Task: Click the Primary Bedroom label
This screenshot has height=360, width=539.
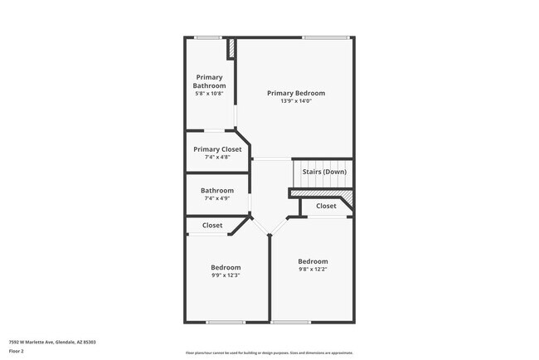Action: (295, 93)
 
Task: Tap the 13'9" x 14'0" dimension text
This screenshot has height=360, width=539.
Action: (295, 100)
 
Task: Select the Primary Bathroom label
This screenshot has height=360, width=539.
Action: (209, 81)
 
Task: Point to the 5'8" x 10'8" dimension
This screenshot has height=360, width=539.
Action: (209, 93)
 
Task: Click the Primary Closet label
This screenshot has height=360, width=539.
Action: (217, 149)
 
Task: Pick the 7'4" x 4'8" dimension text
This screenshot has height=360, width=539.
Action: (217, 157)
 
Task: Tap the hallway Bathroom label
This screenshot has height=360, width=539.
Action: (217, 190)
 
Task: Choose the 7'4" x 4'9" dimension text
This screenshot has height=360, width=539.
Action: (217, 198)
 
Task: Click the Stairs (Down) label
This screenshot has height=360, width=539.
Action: (323, 172)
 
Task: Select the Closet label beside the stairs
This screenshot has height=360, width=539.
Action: (326, 206)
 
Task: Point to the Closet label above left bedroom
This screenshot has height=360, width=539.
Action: (212, 226)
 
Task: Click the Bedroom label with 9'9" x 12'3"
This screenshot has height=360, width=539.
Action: (226, 267)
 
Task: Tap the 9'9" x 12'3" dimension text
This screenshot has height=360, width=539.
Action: (226, 275)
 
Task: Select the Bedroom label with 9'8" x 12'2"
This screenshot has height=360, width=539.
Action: (313, 261)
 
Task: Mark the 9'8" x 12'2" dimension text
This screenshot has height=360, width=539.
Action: (313, 270)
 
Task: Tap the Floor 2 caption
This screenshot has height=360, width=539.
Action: (17, 351)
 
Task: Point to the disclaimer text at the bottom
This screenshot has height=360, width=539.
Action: (269, 353)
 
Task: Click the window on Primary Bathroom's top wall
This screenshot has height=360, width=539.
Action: (208, 37)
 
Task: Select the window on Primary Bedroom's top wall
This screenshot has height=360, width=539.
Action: (324, 37)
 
